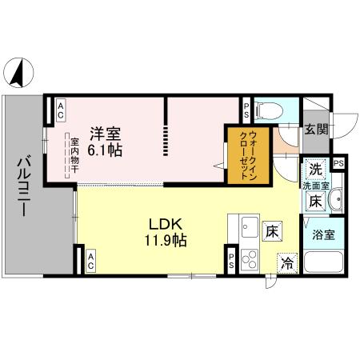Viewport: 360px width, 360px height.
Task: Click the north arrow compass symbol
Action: pos(18,74)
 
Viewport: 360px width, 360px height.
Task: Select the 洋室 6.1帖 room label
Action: pos(105,141)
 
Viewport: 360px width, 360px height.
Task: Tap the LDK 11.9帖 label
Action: pos(166,232)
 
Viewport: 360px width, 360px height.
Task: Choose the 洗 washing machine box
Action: pos(315,170)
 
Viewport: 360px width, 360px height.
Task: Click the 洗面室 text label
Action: pos(314,186)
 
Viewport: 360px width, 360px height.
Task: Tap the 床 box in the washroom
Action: pos(315,202)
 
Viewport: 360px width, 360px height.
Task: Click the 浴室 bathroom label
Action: pos(325,236)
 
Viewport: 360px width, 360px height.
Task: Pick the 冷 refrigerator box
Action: pos(286,262)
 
